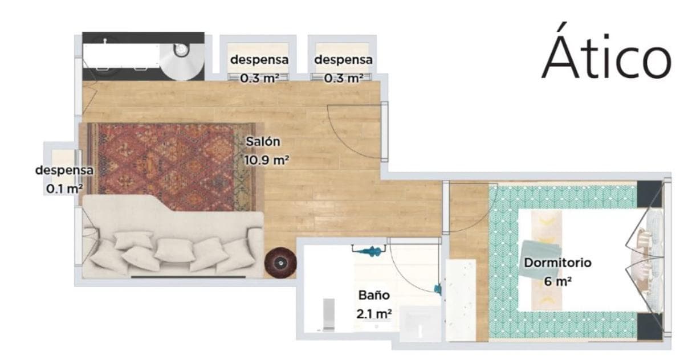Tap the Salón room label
(x=263, y=142)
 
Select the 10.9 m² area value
(x=267, y=160)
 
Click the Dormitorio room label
(x=557, y=263)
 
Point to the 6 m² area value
(x=557, y=281)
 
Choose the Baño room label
(x=374, y=295)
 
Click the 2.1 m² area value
(x=374, y=314)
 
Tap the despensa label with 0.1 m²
(x=64, y=170)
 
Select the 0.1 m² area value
(x=64, y=189)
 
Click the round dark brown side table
(x=280, y=263)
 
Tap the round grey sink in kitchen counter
(x=182, y=50)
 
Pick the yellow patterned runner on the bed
(x=547, y=260)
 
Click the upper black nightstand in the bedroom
(x=649, y=194)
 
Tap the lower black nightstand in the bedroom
(x=649, y=327)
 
